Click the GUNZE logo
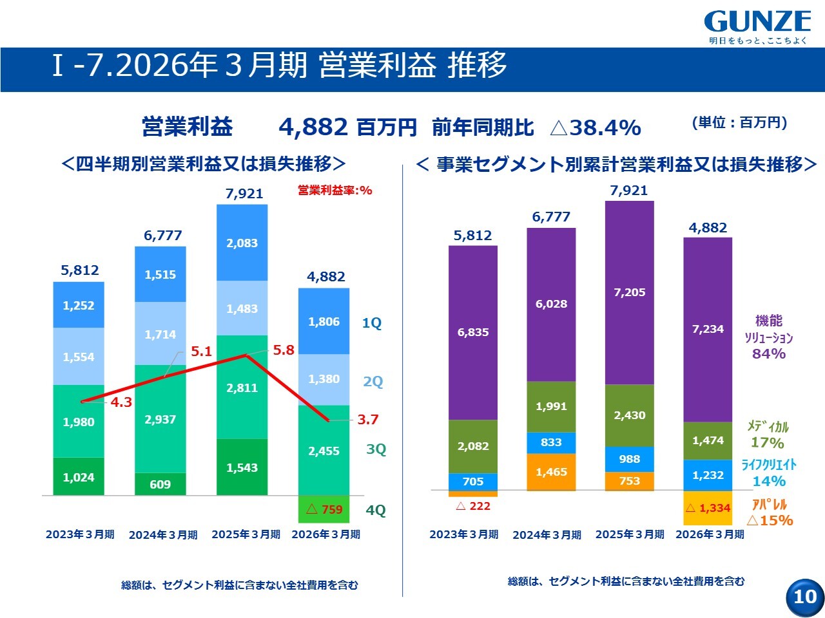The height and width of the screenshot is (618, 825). click(757, 21)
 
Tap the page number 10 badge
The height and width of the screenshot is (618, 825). click(805, 597)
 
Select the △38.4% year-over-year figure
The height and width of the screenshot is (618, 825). click(596, 127)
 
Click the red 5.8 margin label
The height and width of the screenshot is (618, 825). click(284, 350)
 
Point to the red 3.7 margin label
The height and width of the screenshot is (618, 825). click(367, 419)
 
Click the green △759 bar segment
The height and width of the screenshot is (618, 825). click(324, 509)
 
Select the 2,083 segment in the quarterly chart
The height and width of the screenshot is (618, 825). click(242, 243)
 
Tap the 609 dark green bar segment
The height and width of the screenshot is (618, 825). click(160, 483)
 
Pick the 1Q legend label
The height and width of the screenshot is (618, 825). click(372, 323)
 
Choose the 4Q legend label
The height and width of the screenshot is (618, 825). click(376, 510)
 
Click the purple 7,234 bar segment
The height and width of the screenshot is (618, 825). click(708, 330)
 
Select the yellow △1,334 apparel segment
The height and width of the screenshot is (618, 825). click(708, 508)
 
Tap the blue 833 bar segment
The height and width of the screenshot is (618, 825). click(551, 443)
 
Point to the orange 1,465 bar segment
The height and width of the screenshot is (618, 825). click(551, 472)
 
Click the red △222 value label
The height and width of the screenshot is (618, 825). click(473, 506)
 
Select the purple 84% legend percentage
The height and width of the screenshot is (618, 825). click(769, 353)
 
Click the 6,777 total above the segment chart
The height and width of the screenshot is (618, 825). click(551, 216)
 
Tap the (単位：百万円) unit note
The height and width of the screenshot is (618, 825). click(739, 123)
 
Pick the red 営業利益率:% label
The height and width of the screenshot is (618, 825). click(335, 191)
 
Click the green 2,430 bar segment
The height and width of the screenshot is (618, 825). click(630, 415)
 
